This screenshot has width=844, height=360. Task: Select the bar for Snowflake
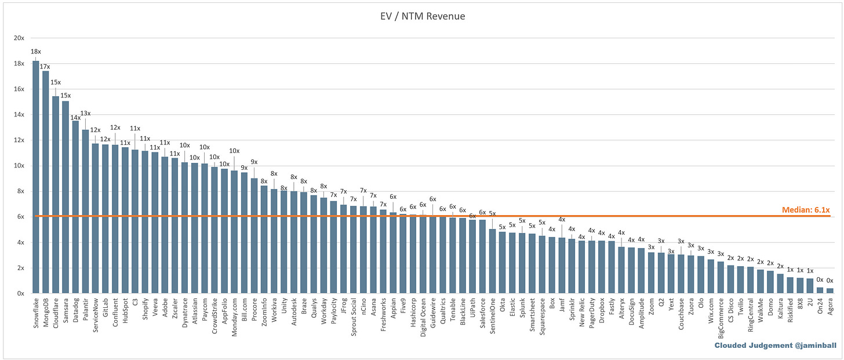[36, 177]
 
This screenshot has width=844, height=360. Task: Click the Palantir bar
[85, 212]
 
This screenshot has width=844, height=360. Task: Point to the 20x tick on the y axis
[19, 38]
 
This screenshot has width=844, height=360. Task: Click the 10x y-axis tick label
[19, 166]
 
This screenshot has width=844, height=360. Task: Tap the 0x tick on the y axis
[20, 293]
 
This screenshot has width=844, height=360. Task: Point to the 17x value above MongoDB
[45, 67]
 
